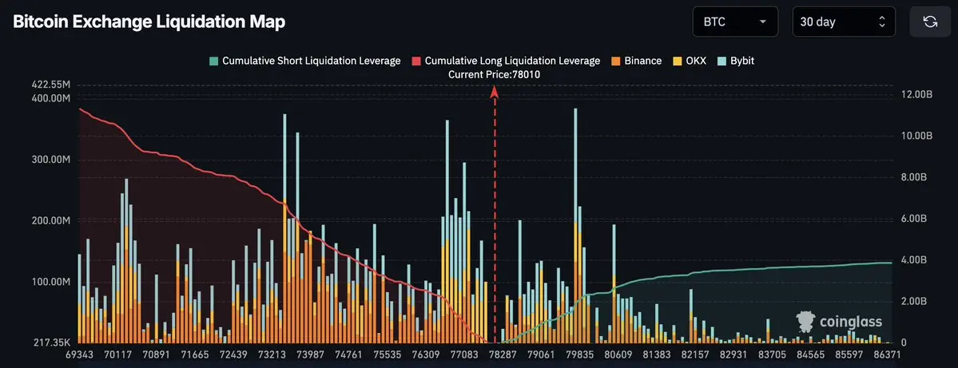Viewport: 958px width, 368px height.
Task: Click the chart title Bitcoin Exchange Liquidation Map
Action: (x=149, y=22)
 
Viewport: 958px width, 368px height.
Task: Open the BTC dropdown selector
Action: (x=734, y=22)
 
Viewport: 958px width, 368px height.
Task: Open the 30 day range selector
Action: (x=843, y=22)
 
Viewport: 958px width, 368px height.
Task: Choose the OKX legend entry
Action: (x=690, y=61)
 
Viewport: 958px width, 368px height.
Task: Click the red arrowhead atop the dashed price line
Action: (x=495, y=92)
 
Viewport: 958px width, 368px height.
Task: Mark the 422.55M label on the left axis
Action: (x=50, y=85)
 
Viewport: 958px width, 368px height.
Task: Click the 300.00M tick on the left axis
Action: (x=50, y=160)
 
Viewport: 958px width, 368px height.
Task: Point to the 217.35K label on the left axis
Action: (x=53, y=342)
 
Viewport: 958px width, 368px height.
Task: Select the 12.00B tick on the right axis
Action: (x=916, y=95)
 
